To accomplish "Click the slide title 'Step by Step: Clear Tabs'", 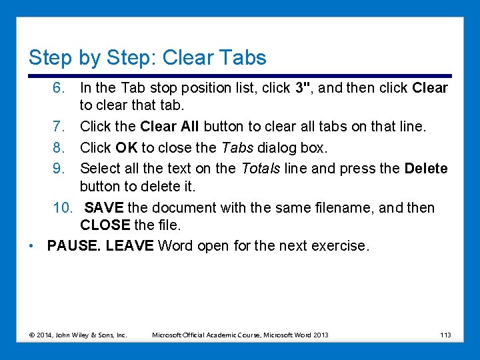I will [147, 57].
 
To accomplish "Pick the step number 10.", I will [63, 208].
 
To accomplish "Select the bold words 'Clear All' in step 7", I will [169, 126].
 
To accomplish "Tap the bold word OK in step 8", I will [126, 147].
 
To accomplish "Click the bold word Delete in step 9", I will [425, 169].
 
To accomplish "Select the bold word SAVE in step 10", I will [104, 208].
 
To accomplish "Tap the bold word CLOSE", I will [105, 227].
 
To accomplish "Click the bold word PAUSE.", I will [73, 245].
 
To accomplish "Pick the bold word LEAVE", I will [129, 245].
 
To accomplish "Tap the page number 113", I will [445, 335].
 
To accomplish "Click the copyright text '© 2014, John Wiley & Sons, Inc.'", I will [79, 335].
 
